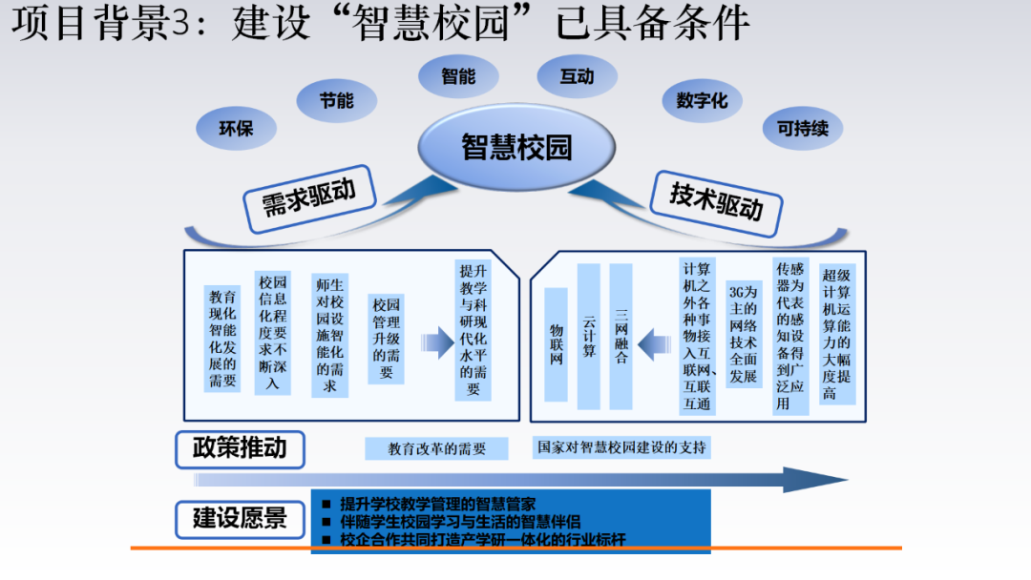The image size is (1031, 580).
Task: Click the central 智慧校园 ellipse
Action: point(516,147)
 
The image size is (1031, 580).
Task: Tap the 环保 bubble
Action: point(236,128)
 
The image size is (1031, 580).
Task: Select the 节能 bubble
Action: point(337,100)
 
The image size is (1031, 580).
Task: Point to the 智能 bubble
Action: point(458,76)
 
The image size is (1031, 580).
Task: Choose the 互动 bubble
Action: point(577,76)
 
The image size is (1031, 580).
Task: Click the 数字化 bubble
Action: point(702,100)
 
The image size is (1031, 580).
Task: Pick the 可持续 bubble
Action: point(803,128)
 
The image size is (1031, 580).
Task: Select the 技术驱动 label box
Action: point(716,198)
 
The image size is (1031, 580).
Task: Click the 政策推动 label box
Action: point(239,448)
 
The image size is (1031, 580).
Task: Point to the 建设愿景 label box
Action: point(239,519)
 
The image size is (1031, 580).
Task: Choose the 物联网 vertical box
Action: point(557,343)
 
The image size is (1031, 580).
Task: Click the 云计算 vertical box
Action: point(589,336)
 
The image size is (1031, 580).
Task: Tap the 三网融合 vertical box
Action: point(621,336)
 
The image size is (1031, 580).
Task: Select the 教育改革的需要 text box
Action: point(437,448)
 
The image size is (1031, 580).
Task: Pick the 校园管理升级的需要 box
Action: point(387,339)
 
